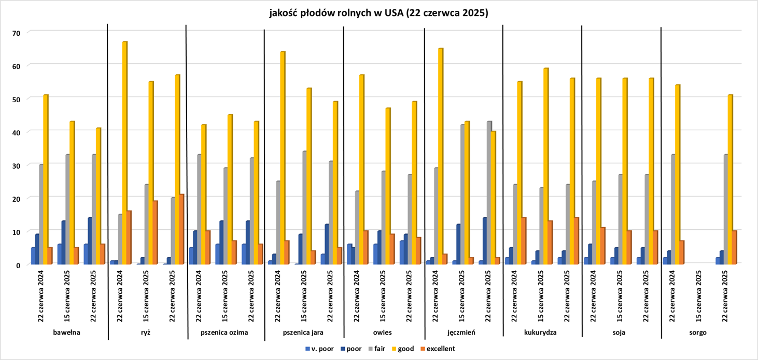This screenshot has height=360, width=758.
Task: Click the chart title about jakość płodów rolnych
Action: tap(378, 13)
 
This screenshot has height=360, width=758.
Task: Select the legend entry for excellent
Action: tap(438, 349)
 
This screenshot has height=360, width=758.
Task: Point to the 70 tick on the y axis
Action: tap(16, 32)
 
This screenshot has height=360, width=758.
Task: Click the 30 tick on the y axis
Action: tap(16, 165)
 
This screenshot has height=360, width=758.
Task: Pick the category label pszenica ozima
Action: tap(225, 332)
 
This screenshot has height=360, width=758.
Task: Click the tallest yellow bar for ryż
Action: tap(124, 153)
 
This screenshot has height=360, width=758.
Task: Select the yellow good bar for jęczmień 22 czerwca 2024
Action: tap(440, 156)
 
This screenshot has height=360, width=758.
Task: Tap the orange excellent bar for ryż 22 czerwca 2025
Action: tap(181, 229)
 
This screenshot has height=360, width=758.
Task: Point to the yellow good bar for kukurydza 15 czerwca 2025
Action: tap(545, 166)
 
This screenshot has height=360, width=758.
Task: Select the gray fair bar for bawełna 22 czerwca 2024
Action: tap(40, 214)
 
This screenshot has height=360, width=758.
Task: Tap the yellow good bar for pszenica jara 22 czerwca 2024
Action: tap(283, 158)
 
